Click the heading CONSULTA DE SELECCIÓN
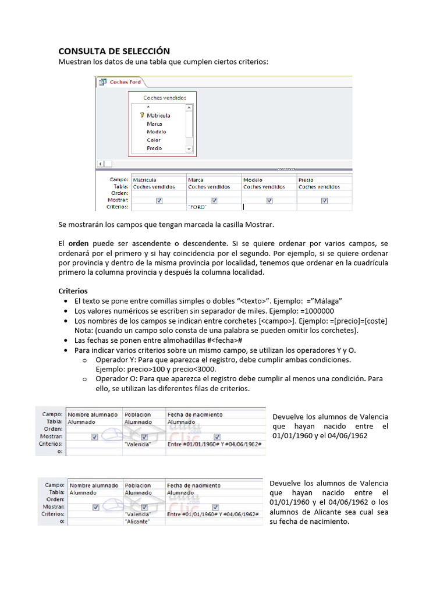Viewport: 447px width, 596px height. [x=115, y=51]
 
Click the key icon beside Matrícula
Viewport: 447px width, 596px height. [x=141, y=115]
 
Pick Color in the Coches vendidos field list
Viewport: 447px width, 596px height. [x=154, y=140]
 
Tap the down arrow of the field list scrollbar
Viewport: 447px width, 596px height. [x=189, y=149]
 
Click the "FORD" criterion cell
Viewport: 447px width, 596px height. [x=198, y=207]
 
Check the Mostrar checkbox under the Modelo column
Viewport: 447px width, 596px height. [x=269, y=200]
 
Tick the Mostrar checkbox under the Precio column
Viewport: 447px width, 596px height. [x=324, y=200]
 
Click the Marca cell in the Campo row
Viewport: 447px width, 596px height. [x=196, y=180]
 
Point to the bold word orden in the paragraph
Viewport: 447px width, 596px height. [x=79, y=242]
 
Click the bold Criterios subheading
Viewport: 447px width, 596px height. [x=73, y=290]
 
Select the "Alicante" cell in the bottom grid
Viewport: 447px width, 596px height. [x=138, y=521]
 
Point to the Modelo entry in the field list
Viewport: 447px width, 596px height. [x=156, y=132]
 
